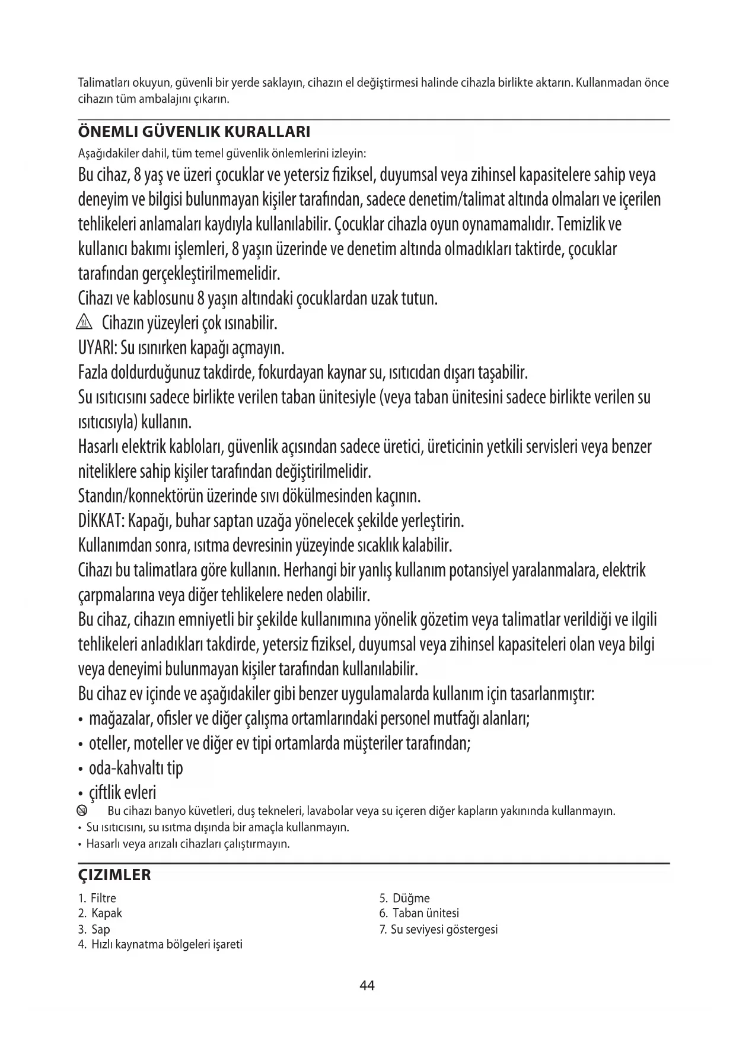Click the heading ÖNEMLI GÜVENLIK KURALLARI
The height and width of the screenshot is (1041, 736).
click(195, 131)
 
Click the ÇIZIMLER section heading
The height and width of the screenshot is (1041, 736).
click(115, 875)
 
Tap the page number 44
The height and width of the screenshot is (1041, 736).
click(367, 986)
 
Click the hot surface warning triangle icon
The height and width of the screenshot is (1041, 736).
click(85, 324)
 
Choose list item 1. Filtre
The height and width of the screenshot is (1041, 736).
click(97, 898)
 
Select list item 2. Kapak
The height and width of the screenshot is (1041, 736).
click(100, 913)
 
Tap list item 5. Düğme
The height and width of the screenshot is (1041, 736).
click(404, 898)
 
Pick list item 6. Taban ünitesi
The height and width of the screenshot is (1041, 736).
click(419, 913)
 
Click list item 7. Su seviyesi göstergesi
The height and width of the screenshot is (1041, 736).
click(438, 929)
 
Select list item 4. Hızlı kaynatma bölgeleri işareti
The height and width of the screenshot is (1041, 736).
click(160, 944)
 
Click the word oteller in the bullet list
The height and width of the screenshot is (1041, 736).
click(109, 744)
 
